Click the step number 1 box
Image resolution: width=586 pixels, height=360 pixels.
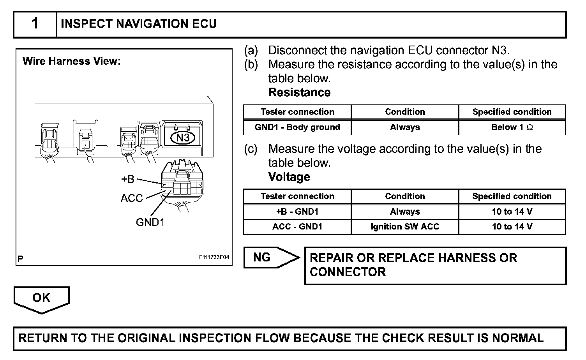[x=35, y=24]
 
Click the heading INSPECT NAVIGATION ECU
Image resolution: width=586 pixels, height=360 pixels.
[x=139, y=24]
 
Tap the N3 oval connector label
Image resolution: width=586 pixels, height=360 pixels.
[x=183, y=138]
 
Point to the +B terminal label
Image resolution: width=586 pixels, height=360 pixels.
[x=128, y=179]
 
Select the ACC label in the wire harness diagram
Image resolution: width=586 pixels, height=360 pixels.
[x=132, y=198]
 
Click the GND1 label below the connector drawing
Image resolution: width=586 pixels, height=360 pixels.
[x=150, y=222]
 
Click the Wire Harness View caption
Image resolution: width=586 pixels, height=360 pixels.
[x=72, y=61]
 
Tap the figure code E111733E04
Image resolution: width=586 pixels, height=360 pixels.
[x=214, y=258]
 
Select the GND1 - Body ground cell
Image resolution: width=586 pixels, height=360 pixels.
[x=297, y=127]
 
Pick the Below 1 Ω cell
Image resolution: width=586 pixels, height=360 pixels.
[x=512, y=127]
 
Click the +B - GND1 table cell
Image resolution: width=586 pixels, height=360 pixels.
[x=297, y=212]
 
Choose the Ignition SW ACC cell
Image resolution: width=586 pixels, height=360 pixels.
[x=405, y=227]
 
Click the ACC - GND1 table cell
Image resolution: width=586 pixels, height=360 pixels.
[x=297, y=227]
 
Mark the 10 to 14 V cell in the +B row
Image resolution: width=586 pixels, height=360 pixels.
[x=512, y=212]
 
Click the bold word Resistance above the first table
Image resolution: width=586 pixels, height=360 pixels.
[x=299, y=92]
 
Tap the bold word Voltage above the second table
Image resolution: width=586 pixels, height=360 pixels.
[x=289, y=177]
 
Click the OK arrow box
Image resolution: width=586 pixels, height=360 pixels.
[x=41, y=298]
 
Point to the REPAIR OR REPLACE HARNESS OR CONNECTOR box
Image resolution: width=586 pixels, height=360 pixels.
[x=435, y=265]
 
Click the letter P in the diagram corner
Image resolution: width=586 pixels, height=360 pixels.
[x=20, y=259]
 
